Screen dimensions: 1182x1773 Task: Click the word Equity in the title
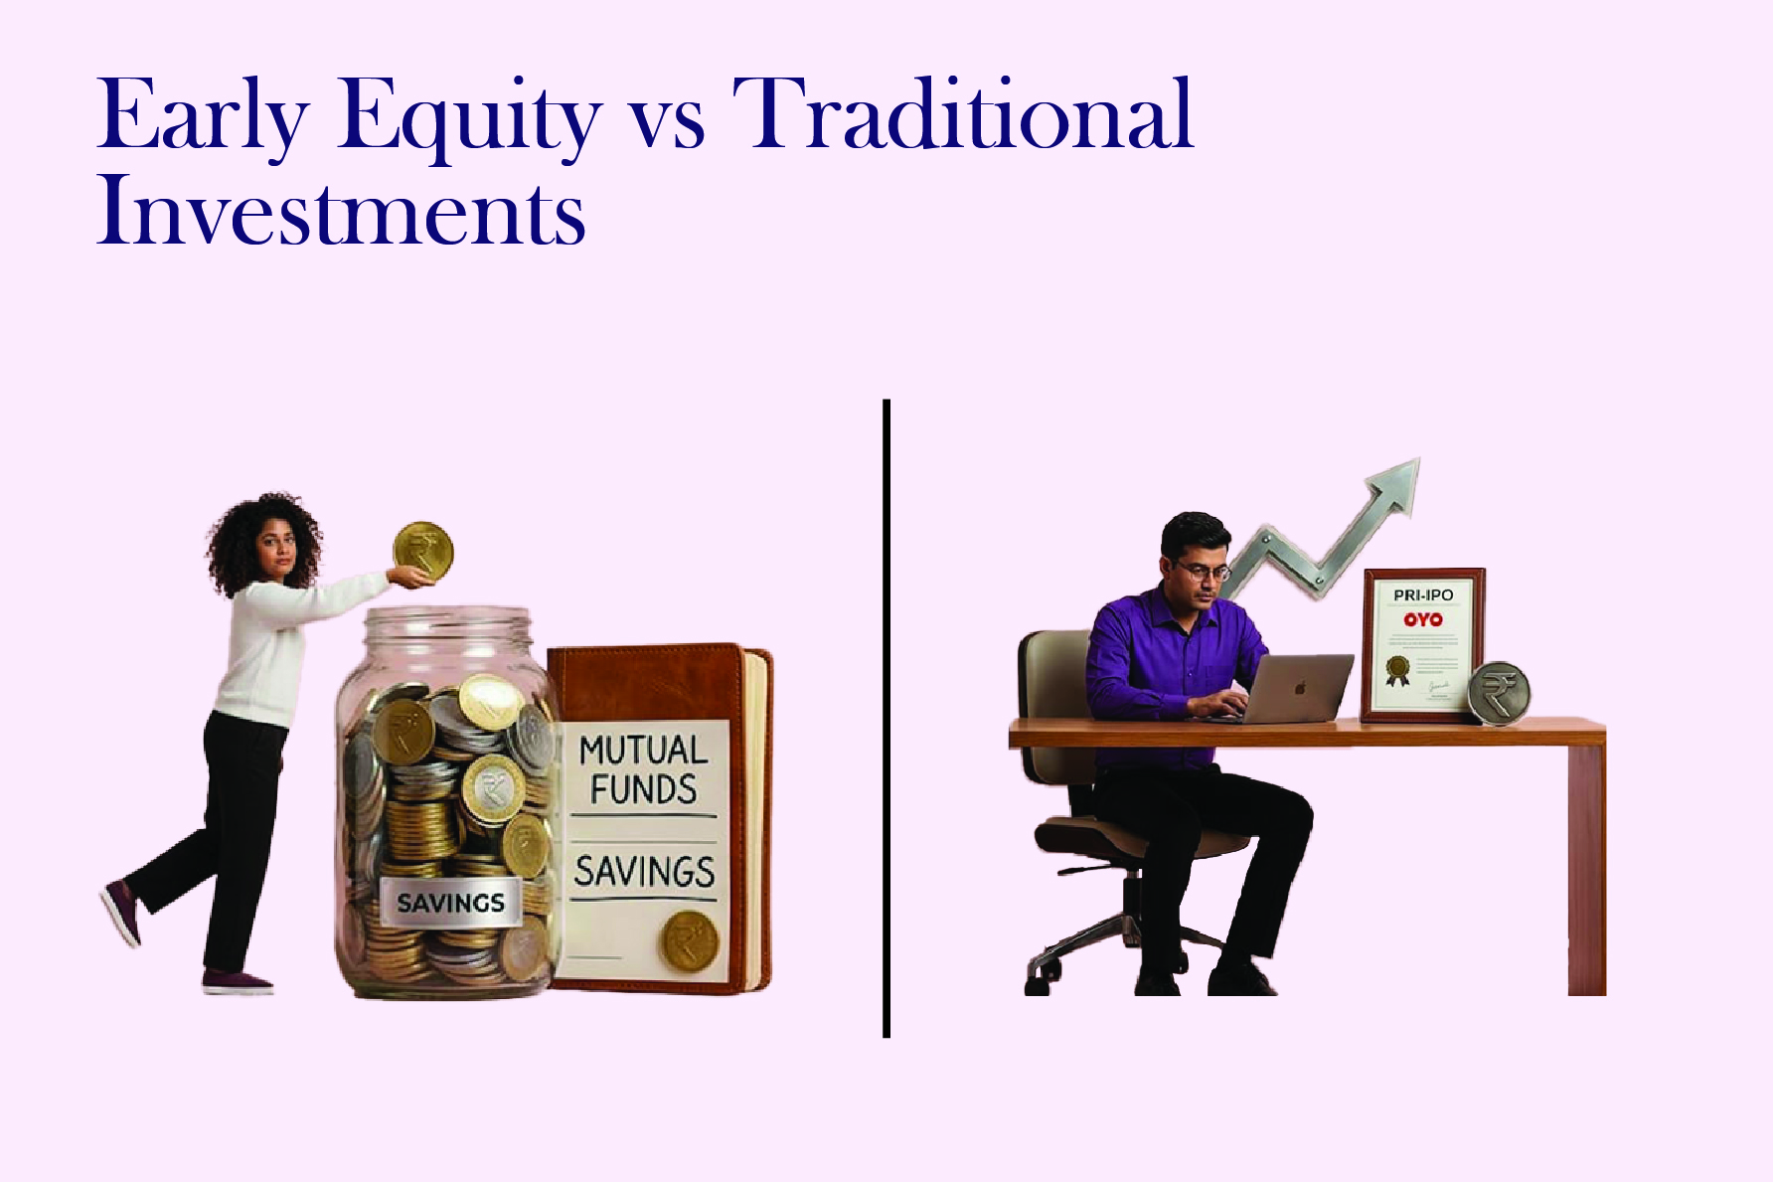467,117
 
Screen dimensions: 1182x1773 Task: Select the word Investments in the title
341,211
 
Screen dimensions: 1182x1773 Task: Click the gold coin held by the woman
423,551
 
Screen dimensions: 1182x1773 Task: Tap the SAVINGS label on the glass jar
450,903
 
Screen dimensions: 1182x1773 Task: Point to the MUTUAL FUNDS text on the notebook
643,769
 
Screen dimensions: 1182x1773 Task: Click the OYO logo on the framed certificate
1423,619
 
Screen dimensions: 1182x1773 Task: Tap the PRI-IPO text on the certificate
1423,594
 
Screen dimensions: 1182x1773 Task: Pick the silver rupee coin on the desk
1499,692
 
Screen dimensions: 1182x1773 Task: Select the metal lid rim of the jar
448,625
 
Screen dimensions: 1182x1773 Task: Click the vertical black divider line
886,716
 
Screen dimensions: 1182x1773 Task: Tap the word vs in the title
667,127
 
